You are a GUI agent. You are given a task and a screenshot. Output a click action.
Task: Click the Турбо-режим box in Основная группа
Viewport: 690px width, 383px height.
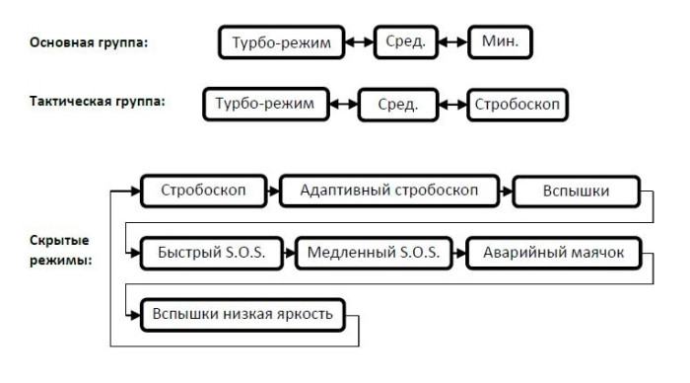(x=281, y=43)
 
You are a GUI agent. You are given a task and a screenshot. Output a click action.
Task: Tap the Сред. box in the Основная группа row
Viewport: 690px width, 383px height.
(x=405, y=43)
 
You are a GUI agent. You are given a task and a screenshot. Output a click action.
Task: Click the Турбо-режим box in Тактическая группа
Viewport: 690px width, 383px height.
(x=266, y=105)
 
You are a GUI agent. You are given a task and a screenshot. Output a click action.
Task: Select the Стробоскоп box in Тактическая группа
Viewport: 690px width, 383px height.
(x=517, y=105)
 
